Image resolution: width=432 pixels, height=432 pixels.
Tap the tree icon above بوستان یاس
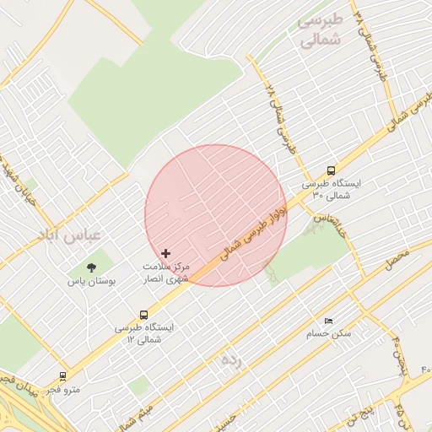[x=91, y=267]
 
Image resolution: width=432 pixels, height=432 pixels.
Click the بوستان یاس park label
[x=91, y=282]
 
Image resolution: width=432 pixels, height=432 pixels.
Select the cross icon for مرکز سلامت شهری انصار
[x=165, y=253]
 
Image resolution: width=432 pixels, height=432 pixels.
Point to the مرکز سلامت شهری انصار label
[x=166, y=272]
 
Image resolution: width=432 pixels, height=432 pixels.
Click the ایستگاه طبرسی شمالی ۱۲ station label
[x=143, y=332]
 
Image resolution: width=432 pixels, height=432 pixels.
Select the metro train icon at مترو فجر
[x=62, y=376]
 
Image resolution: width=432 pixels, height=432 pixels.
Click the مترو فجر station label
[x=62, y=390]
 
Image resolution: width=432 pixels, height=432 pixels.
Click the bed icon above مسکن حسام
[x=328, y=321]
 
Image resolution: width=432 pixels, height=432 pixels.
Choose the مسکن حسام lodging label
[x=329, y=334]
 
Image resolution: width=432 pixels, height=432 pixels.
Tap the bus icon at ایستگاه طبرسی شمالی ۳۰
[x=331, y=169]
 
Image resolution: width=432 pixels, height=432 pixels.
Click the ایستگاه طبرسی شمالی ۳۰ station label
[x=331, y=188]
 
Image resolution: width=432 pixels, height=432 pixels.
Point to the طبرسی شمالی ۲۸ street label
[x=283, y=118]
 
